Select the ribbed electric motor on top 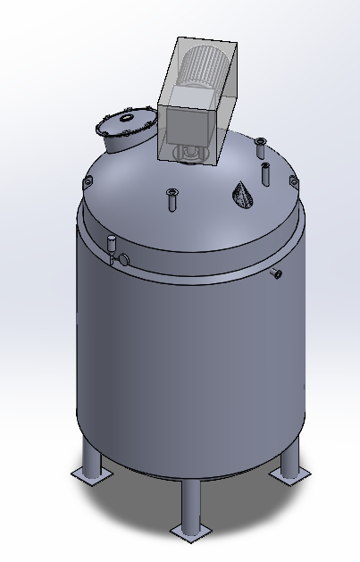point(205,67)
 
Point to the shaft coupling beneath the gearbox point(189,154)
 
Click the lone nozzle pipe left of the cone point(171,200)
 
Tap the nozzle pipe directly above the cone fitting point(266,172)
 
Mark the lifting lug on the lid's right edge point(293,183)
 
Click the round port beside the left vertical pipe point(123,258)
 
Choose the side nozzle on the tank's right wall point(276,273)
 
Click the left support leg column point(91,456)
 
